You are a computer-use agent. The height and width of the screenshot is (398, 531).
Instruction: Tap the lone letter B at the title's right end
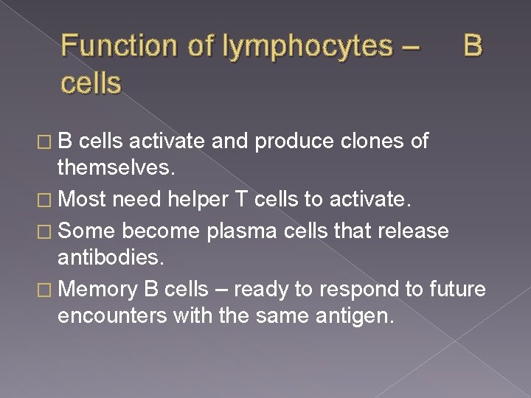click(473, 46)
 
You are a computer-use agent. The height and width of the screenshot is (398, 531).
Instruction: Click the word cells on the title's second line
click(91, 83)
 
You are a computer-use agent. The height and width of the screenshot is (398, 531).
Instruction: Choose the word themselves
click(117, 169)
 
